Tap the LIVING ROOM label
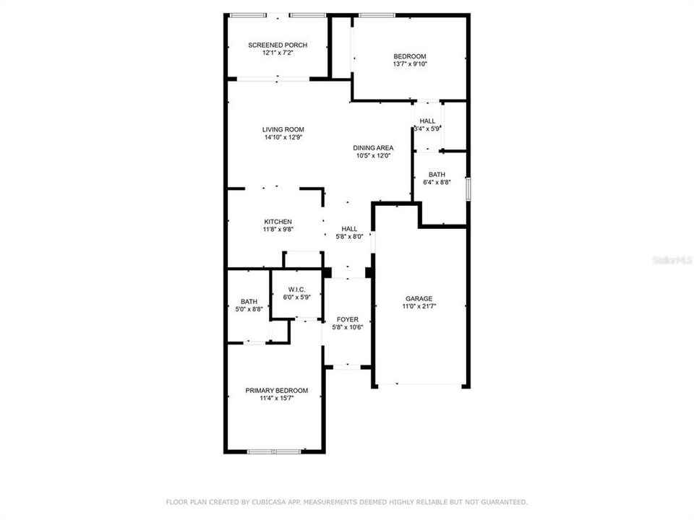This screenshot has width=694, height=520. (x=283, y=129)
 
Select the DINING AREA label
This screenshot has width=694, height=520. (x=374, y=147)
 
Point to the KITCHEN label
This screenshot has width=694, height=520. (x=278, y=221)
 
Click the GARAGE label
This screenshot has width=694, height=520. (x=419, y=298)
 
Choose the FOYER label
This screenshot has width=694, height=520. (x=348, y=318)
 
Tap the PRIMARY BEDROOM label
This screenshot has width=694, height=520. (x=276, y=390)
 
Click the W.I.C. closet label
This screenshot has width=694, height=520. (x=296, y=289)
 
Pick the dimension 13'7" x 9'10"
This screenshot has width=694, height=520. (x=410, y=64)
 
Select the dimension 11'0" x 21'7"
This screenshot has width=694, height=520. (x=419, y=306)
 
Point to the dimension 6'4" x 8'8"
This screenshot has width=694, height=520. (x=437, y=182)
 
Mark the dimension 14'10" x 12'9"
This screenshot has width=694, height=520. (x=283, y=137)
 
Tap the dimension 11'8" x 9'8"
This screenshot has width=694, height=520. (x=278, y=229)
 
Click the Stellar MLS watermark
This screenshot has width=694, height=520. (x=673, y=259)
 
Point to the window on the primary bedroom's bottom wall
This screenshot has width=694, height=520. (x=273, y=452)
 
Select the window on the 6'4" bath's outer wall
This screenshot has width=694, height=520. (x=468, y=189)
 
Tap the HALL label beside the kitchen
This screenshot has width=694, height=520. (x=349, y=228)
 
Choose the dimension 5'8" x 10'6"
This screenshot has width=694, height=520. (x=348, y=326)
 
